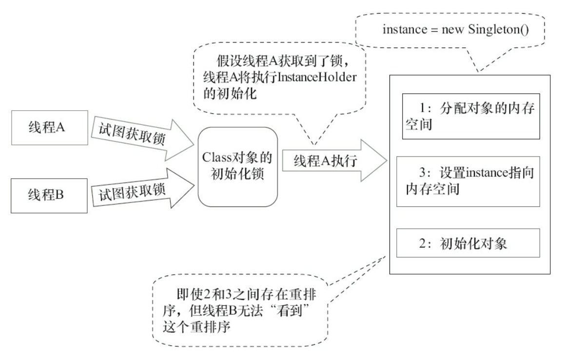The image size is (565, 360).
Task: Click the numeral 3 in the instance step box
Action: [423, 173]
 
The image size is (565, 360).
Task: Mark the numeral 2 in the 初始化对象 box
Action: [423, 242]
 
